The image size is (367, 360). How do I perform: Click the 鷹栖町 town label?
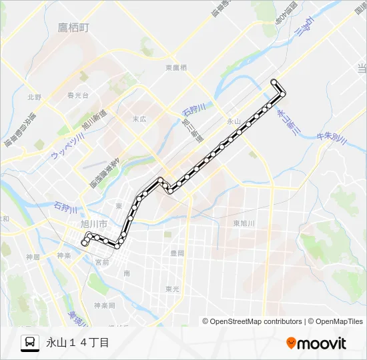point(73,27)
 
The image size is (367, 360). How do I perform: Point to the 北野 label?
point(34,97)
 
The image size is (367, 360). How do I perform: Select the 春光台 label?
point(78,95)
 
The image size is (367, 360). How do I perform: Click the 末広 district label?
point(139,119)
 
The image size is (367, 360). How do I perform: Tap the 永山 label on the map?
point(233,121)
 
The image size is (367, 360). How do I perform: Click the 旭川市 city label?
point(93,225)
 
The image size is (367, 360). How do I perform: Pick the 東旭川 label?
point(244,223)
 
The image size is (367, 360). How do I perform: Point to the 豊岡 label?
point(177,253)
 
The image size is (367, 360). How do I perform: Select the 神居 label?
point(33,256)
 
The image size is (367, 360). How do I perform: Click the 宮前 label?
point(102,263)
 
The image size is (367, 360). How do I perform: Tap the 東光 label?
point(172,289)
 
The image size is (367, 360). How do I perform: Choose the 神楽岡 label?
point(104,305)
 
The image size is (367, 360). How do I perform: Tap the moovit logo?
point(316,343)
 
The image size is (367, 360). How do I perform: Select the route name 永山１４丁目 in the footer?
point(77,343)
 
